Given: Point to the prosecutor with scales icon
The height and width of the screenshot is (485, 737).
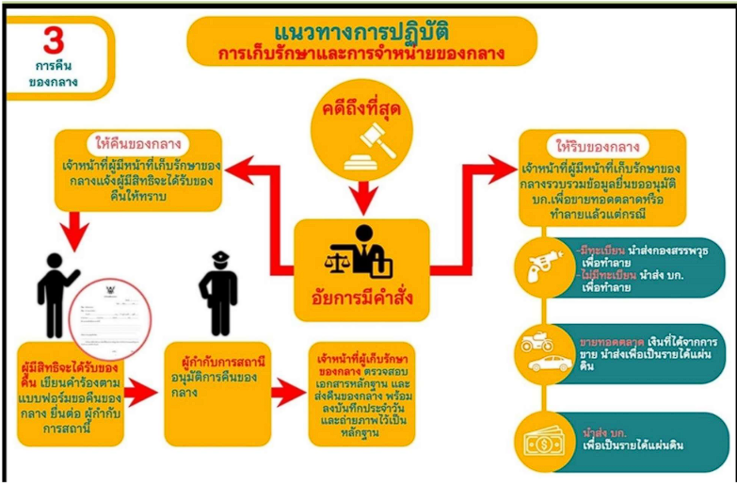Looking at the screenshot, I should [360, 247].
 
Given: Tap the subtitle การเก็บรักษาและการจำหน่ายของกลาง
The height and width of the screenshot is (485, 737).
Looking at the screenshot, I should [362, 54].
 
